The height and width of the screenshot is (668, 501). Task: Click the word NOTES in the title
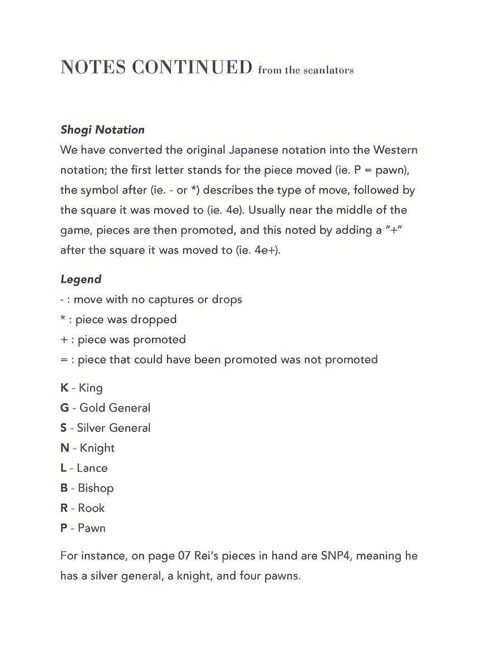tap(92, 67)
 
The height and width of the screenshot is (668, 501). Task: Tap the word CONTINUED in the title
tap(192, 67)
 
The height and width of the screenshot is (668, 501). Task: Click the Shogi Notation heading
tap(102, 130)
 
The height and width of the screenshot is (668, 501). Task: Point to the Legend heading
tap(81, 279)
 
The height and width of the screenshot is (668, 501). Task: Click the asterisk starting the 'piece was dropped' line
tap(62, 319)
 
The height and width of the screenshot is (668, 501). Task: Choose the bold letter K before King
tap(65, 387)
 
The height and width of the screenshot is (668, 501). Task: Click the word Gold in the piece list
tap(92, 407)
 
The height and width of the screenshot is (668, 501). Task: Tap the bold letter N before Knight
tap(65, 448)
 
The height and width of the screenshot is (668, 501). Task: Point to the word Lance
tap(92, 468)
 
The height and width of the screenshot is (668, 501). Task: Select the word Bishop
tap(96, 488)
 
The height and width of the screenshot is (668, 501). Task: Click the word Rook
tap(91, 508)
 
